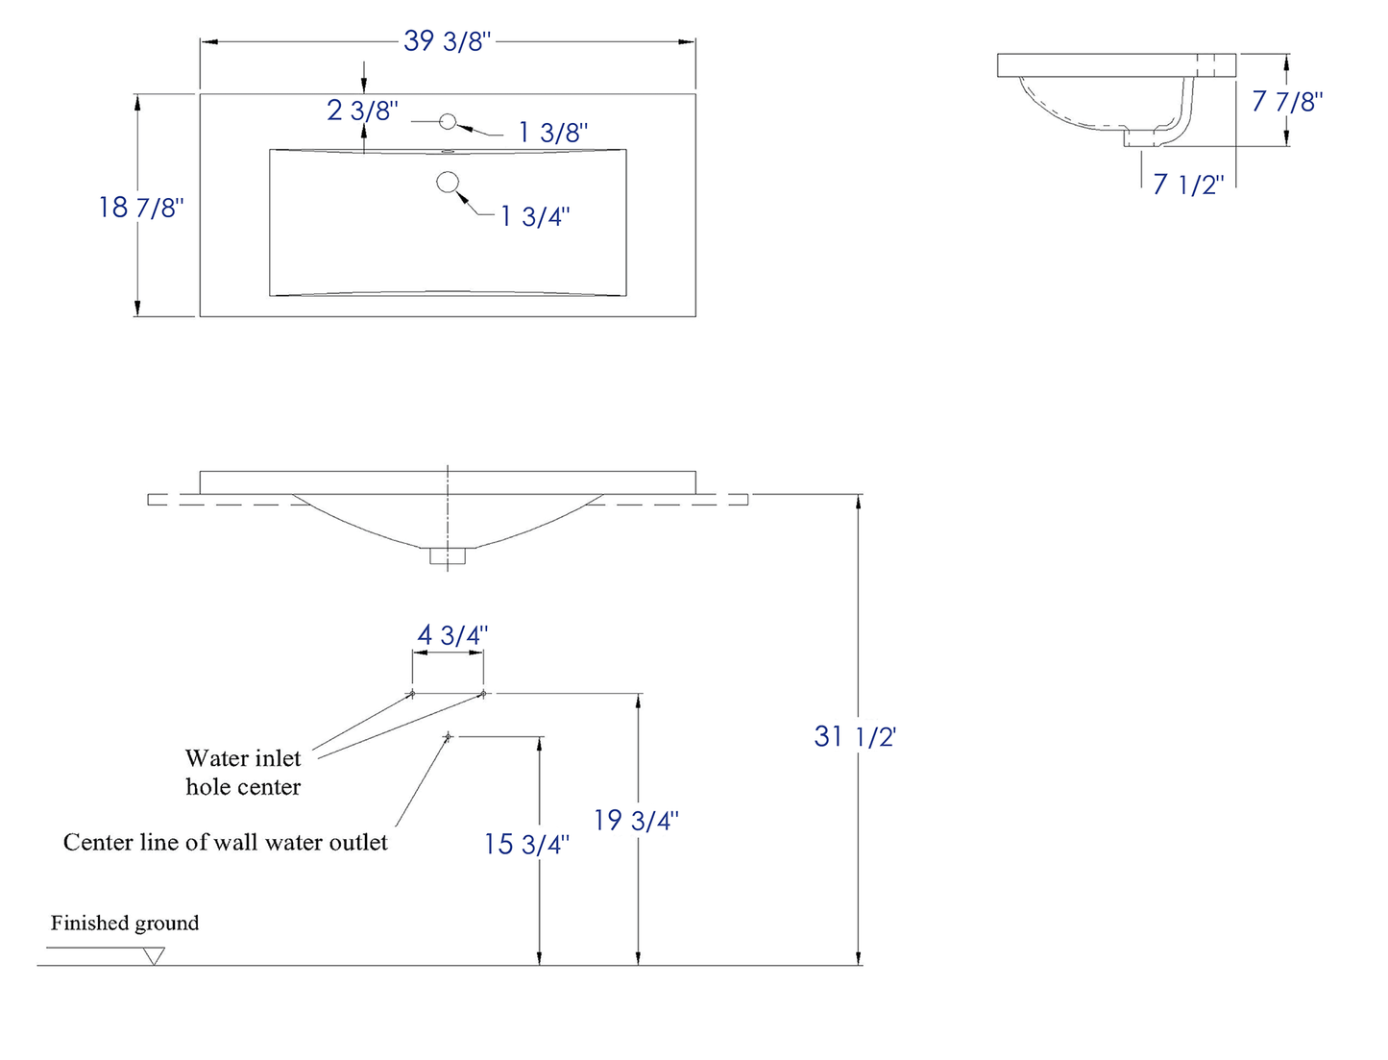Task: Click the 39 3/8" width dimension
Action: (447, 41)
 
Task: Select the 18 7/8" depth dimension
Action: (140, 207)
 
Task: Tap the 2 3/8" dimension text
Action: (362, 111)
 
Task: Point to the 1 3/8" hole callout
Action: (552, 133)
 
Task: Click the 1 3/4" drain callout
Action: (534, 216)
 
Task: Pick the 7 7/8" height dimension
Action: (1287, 101)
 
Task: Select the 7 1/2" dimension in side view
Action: (1188, 184)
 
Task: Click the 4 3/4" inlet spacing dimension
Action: (452, 635)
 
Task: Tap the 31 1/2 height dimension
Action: (854, 736)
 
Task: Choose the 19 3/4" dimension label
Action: (635, 820)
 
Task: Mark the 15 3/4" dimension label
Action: (526, 844)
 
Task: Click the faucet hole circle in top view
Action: (448, 121)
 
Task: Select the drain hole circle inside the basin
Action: (448, 182)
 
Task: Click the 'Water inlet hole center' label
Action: (243, 773)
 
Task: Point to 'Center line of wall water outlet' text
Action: (225, 842)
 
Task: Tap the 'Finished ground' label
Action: (125, 923)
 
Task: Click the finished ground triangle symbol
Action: (154, 956)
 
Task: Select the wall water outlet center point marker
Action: (448, 737)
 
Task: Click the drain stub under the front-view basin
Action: (448, 555)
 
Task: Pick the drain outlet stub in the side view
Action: (1140, 139)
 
